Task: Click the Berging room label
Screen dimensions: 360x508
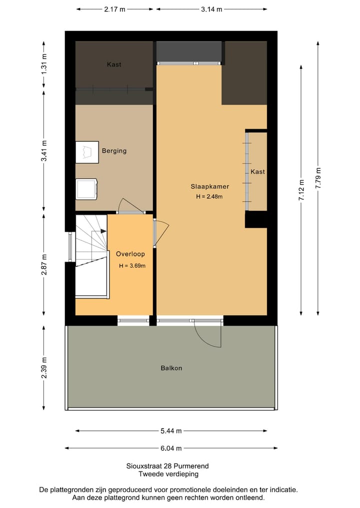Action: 114,151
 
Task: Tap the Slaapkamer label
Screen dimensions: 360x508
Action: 210,187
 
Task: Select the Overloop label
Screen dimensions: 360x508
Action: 130,254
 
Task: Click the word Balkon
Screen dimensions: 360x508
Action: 171,368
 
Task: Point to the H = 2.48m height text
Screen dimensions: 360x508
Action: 209,196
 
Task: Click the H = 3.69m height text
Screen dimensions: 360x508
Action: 132,266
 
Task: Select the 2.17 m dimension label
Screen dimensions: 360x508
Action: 114,9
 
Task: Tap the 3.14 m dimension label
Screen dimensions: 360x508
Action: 211,9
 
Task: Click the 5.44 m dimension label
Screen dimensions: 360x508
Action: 171,431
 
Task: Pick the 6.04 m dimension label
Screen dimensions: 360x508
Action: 171,449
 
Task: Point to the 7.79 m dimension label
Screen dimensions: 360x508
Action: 318,178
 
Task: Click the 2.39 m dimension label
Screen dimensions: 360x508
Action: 44,368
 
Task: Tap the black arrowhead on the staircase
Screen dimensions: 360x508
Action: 103,231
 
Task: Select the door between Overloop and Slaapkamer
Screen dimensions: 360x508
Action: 160,232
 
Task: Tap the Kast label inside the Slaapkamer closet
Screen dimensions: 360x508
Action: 258,172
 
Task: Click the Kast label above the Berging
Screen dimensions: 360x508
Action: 114,64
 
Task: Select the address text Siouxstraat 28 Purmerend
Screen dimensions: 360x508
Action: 167,466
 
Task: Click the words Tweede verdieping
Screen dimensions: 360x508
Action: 168,475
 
